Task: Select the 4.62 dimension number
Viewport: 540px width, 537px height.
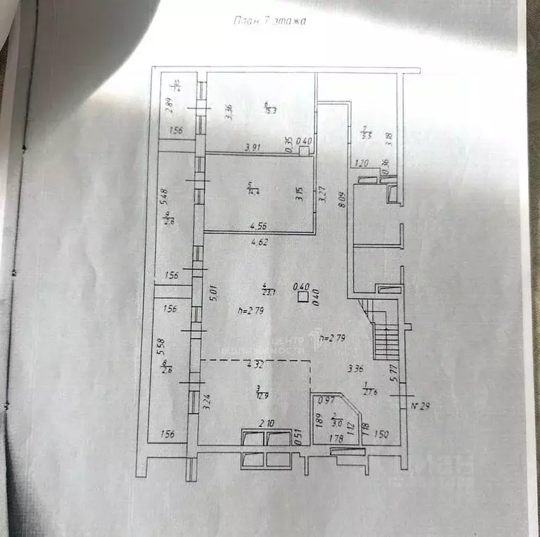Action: point(260,243)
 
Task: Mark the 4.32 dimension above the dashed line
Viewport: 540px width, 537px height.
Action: point(255,364)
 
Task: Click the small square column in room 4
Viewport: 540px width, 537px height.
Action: point(302,298)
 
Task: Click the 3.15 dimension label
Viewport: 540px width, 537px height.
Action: point(298,195)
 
